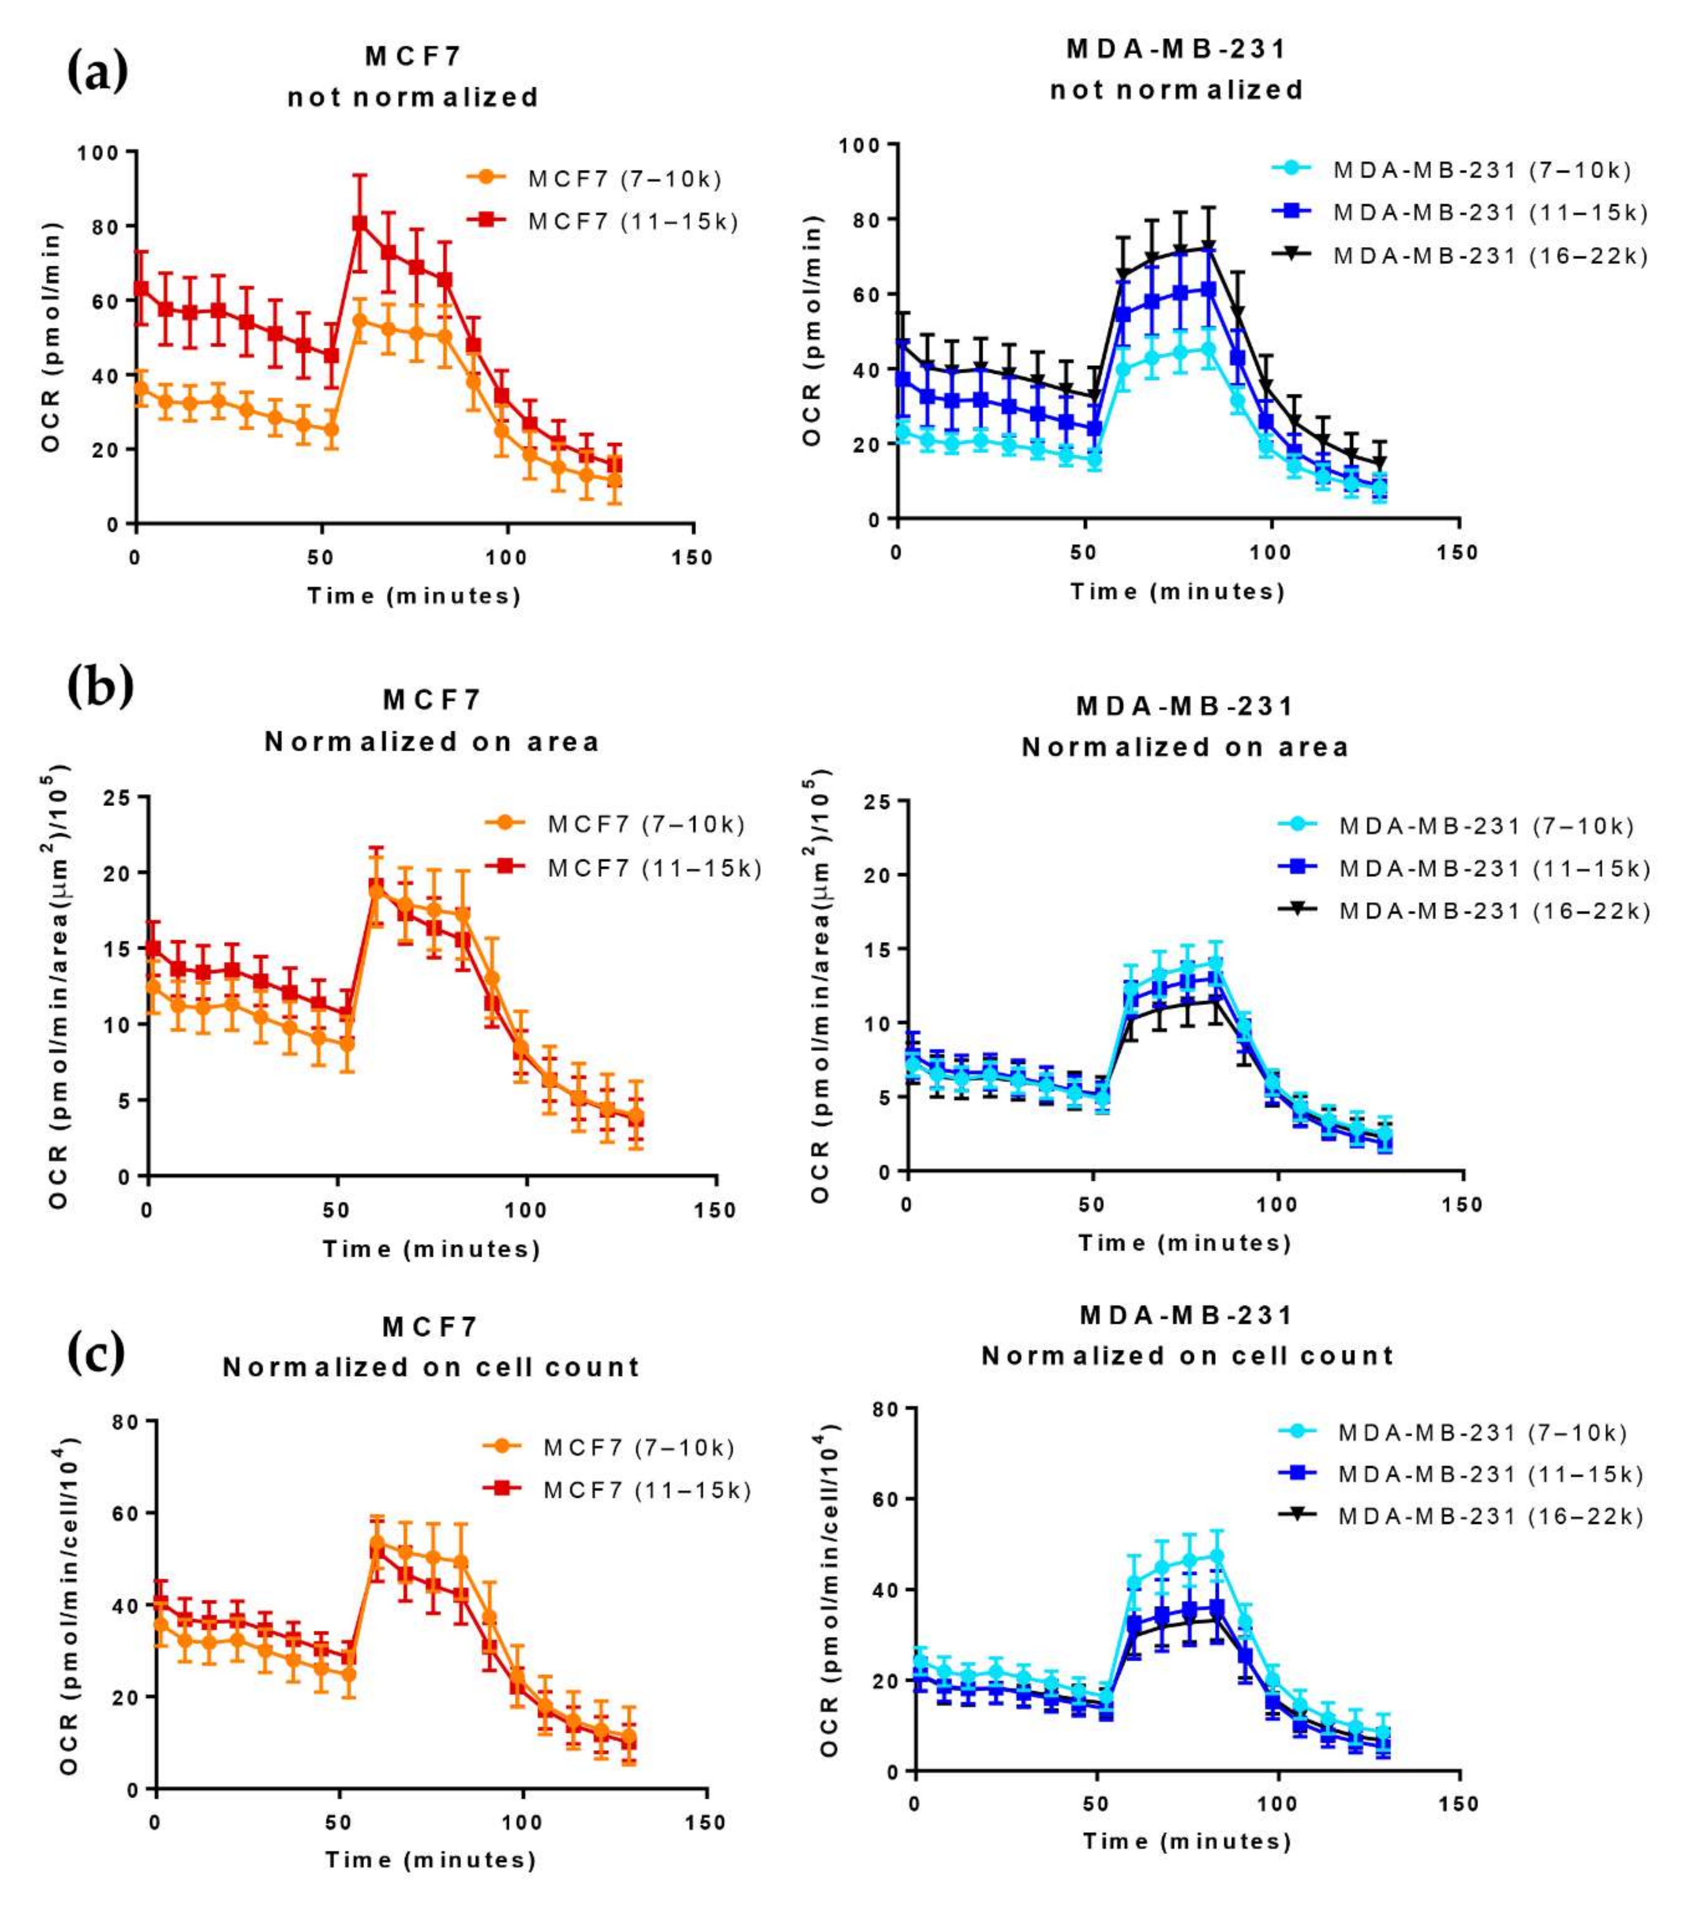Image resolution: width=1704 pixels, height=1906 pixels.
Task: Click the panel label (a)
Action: (98, 72)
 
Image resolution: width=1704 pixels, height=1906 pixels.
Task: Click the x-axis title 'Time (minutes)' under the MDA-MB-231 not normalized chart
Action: (1177, 592)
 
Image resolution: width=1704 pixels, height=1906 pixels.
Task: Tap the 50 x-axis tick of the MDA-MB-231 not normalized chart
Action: (1083, 552)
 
